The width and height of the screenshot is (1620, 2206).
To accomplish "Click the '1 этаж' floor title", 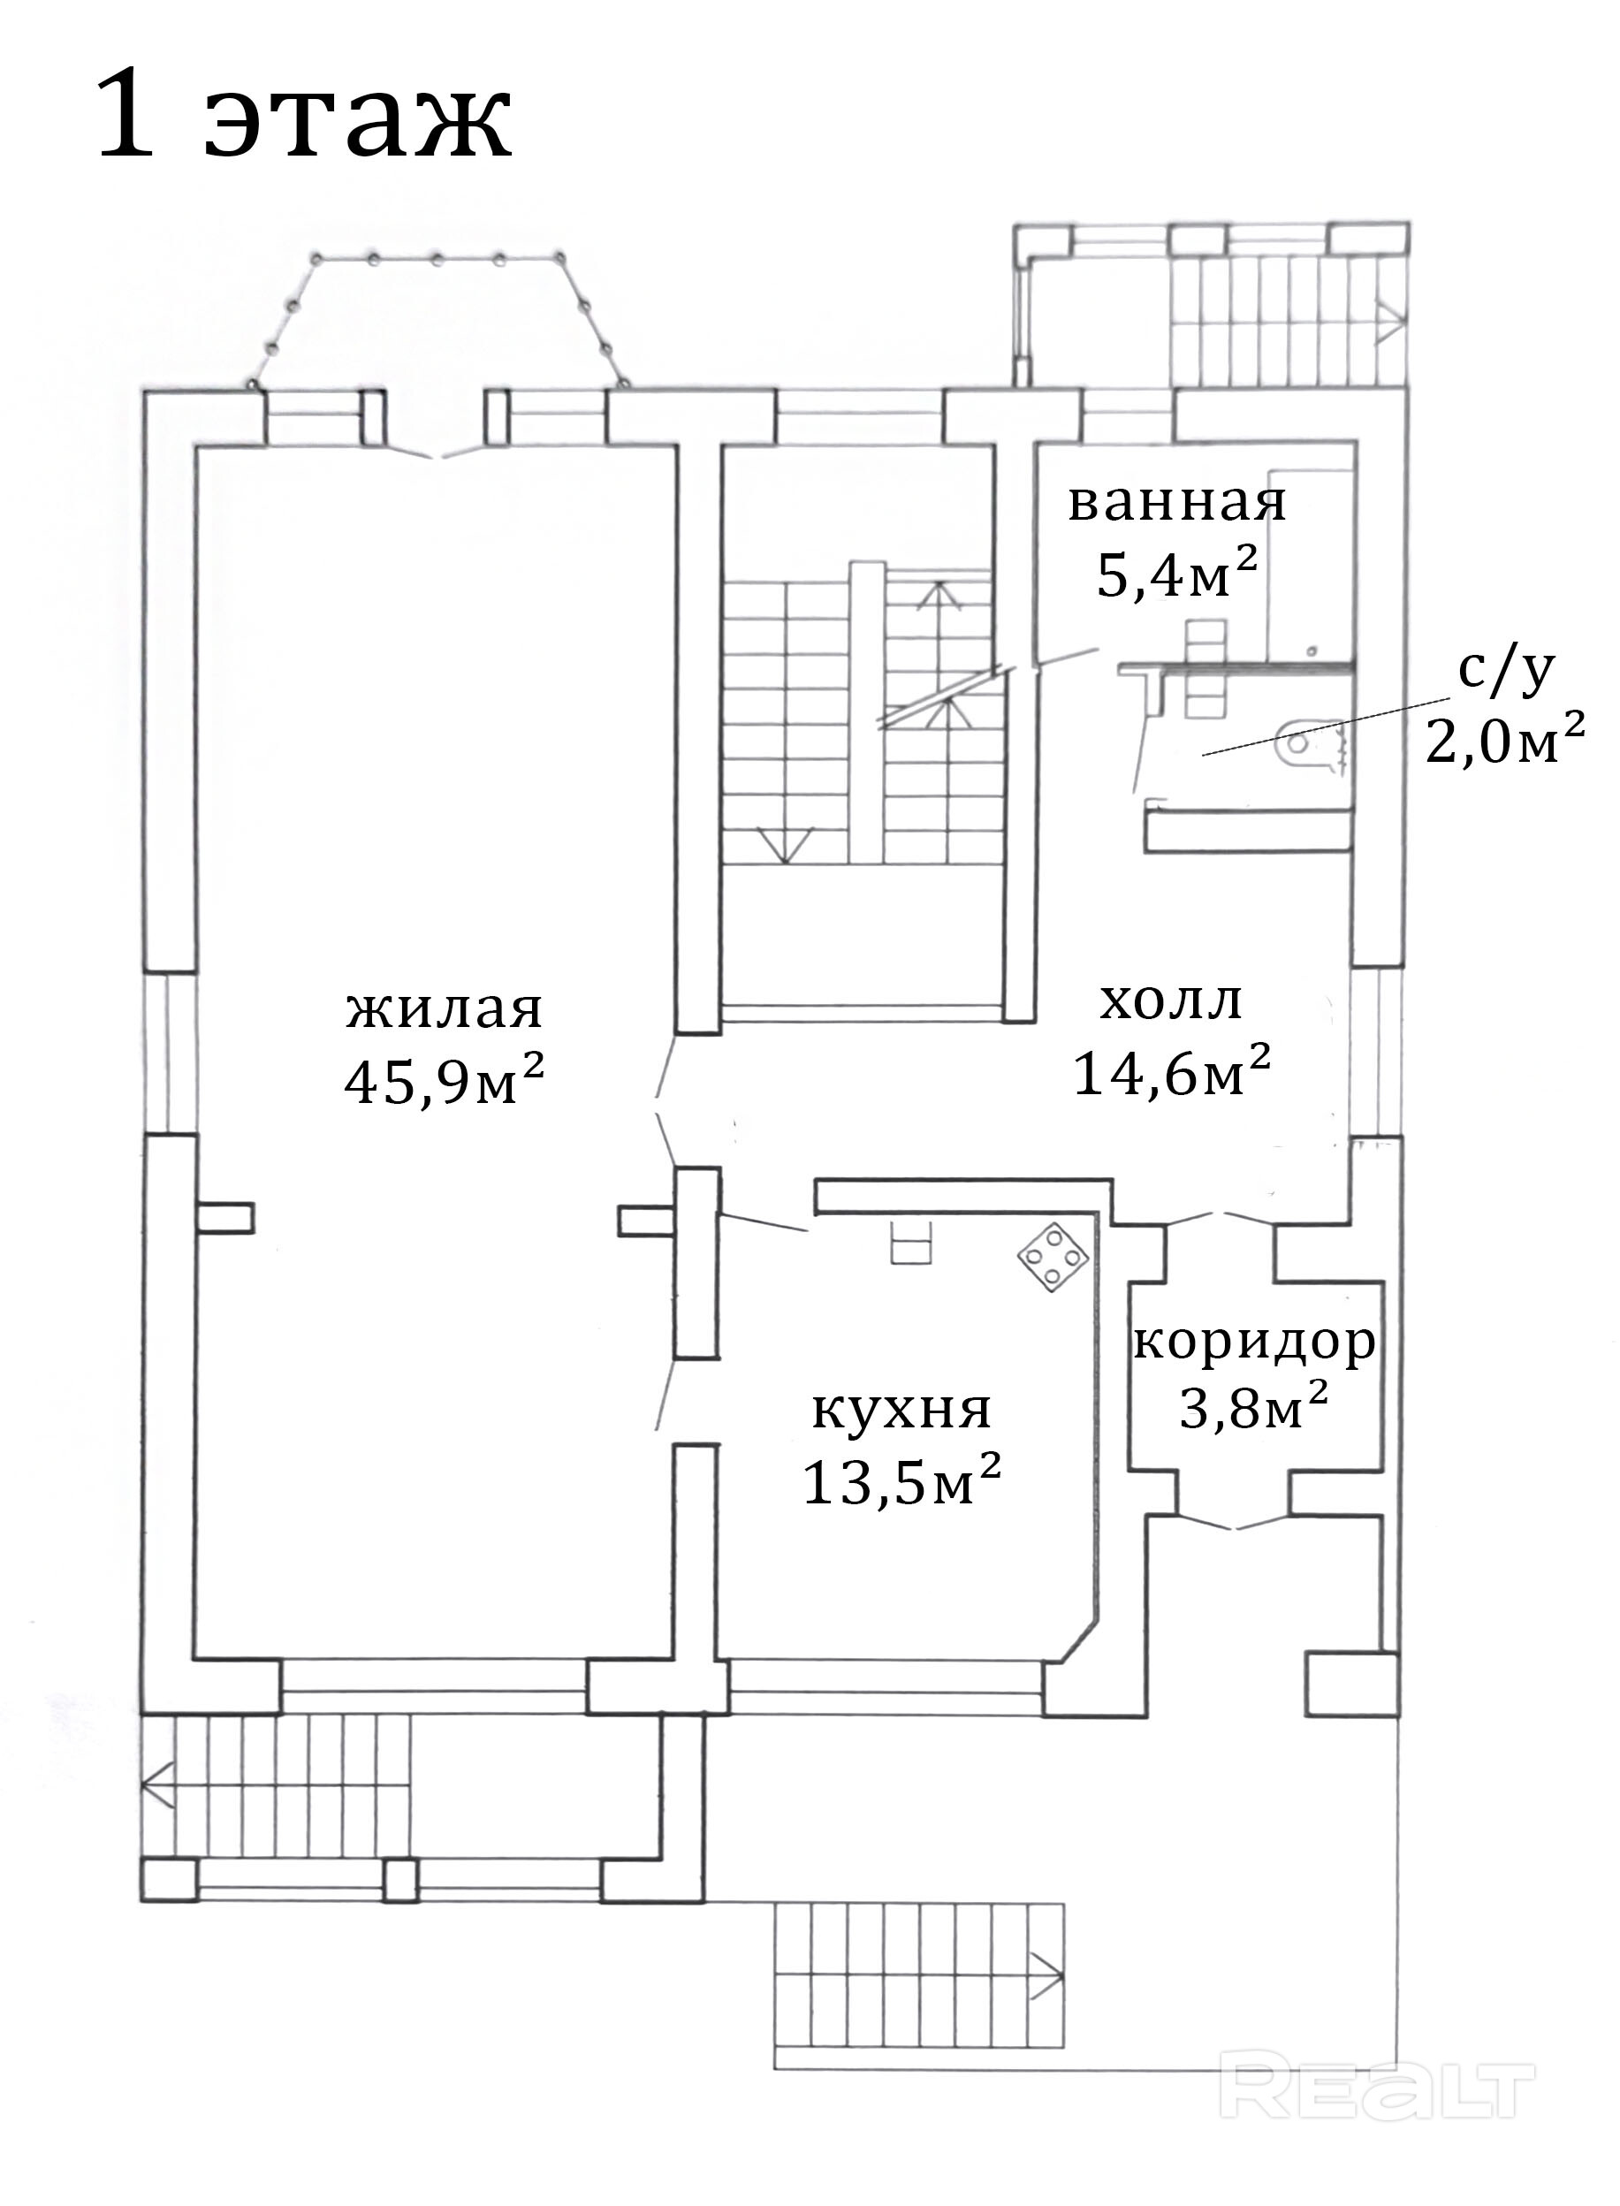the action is click(304, 115).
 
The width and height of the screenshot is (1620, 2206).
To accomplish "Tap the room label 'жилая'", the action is click(445, 1009).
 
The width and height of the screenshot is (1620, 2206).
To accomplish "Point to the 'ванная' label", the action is click(1176, 502).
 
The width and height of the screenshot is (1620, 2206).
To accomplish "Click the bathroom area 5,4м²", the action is click(1176, 574).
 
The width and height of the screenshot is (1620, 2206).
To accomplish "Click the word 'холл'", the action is click(1171, 1001).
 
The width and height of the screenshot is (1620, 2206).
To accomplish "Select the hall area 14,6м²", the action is click(1173, 1070).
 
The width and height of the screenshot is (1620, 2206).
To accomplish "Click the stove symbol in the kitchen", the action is click(1053, 1257).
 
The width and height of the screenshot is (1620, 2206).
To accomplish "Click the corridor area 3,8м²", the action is click(1254, 1408).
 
